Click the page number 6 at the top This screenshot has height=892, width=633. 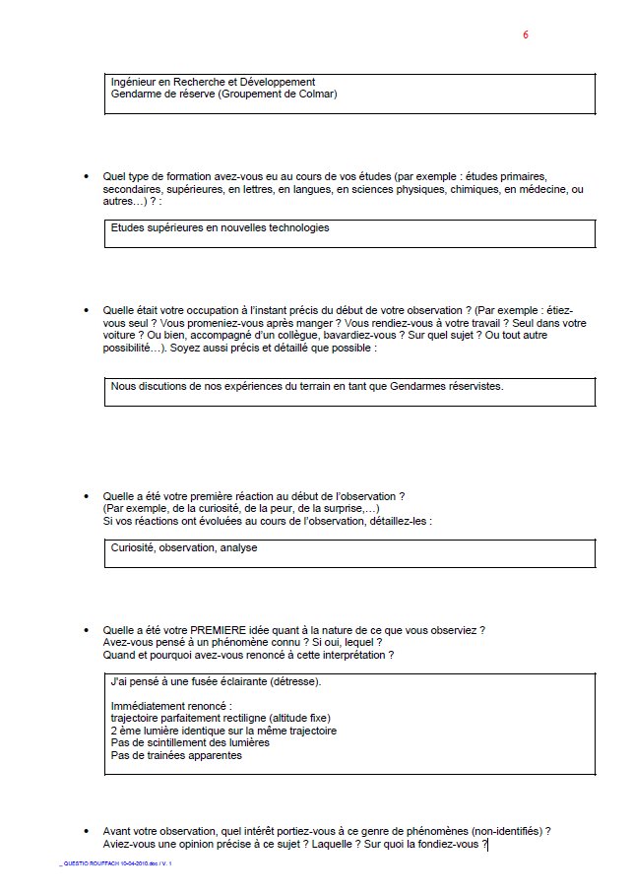coord(526,34)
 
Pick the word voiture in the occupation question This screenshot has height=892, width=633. coord(123,336)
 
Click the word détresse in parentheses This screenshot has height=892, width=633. coord(292,681)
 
